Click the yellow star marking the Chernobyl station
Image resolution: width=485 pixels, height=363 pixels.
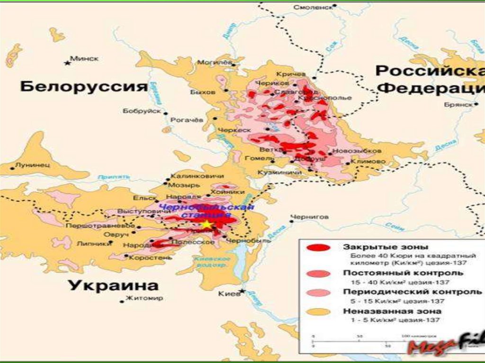pyautogui.click(x=207, y=224)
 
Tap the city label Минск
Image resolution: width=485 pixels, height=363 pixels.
pyautogui.click(x=84, y=59)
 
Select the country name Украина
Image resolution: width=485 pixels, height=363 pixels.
pyautogui.click(x=113, y=286)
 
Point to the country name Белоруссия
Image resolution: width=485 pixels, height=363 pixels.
pyautogui.click(x=84, y=87)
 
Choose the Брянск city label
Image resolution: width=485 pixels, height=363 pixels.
pyautogui.click(x=458, y=105)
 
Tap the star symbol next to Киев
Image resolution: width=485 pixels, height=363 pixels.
pyautogui.click(x=243, y=291)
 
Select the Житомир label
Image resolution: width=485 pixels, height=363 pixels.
pyautogui.click(x=144, y=299)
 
